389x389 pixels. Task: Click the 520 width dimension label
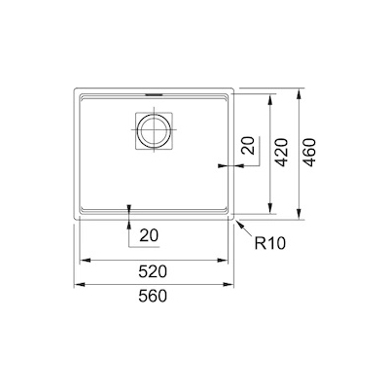coord(153,271)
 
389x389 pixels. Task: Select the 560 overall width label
coord(153,296)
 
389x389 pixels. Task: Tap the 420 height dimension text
coord(281,153)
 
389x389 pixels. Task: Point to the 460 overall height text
coord(308,153)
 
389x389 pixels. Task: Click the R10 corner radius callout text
coord(270,243)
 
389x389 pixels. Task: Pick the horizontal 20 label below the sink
coord(149,235)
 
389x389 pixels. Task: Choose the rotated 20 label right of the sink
coord(249,146)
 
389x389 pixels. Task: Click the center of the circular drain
coord(154,130)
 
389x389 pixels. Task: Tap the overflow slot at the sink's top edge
coord(154,94)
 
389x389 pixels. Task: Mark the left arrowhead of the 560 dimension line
coord(79,285)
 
